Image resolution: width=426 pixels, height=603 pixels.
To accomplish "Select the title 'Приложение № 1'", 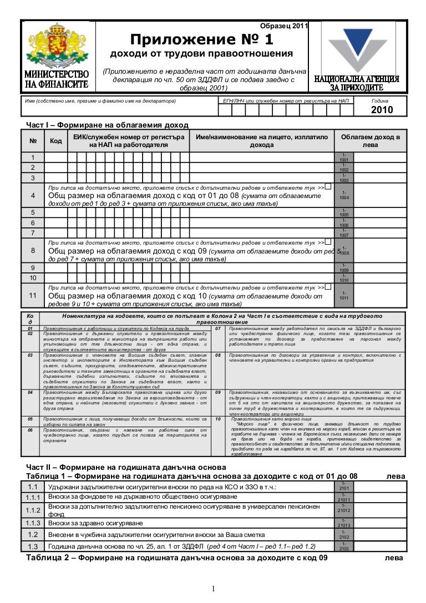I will (x=201, y=39).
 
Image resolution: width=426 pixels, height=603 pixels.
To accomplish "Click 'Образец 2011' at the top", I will (x=283, y=26).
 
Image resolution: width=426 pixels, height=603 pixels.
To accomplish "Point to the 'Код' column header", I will (x=55, y=141).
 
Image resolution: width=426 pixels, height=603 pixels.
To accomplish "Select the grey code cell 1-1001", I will (x=344, y=158).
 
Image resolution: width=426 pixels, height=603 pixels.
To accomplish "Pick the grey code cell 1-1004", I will (x=344, y=195).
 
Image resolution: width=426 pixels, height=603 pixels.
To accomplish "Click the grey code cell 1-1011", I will (x=344, y=296).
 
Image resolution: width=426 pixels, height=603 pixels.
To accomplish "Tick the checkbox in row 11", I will (x=328, y=286).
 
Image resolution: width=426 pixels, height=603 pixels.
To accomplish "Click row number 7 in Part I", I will (x=33, y=232).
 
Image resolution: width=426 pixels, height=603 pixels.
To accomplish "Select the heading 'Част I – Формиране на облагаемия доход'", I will (x=108, y=125).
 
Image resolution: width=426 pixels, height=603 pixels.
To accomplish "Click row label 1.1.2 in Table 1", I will (x=33, y=510).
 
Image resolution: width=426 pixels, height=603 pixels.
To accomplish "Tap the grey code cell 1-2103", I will (x=344, y=546).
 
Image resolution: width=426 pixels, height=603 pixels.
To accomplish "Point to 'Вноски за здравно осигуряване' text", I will (x=95, y=523).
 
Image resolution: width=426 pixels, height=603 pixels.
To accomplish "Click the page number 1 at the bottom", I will (x=212, y=589).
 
